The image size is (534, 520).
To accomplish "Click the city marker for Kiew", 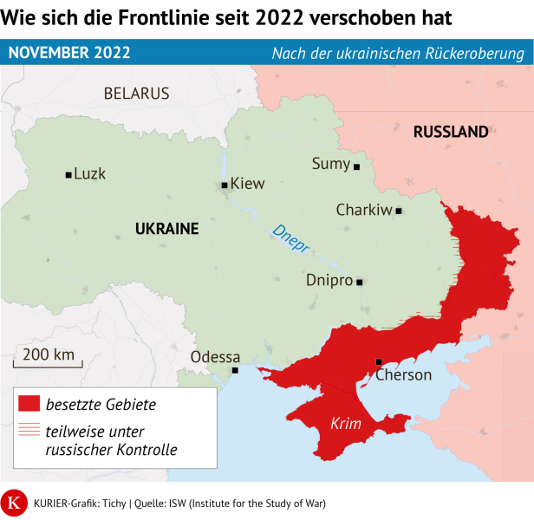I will (x=225, y=185).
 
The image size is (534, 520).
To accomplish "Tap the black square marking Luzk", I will (x=68, y=175).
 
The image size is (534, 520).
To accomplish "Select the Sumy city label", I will (x=330, y=164).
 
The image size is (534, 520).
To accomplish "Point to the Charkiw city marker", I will (x=399, y=211).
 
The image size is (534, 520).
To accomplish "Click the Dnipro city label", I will (x=329, y=281).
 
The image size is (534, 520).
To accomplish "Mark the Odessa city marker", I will (x=235, y=371).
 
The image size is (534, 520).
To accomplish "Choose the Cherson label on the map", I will (x=403, y=375).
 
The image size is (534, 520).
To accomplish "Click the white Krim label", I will (x=346, y=424).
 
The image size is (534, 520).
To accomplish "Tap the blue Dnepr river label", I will (x=290, y=239).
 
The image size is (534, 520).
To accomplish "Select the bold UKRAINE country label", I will (x=167, y=230).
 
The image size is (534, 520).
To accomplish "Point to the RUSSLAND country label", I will (x=451, y=133).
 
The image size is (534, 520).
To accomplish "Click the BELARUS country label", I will (x=136, y=94).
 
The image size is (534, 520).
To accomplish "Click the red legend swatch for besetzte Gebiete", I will (x=29, y=403).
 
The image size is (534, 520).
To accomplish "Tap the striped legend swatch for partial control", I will (x=29, y=430).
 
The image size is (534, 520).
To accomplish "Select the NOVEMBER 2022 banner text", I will (x=69, y=53).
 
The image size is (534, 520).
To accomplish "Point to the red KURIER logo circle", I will (x=15, y=503).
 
